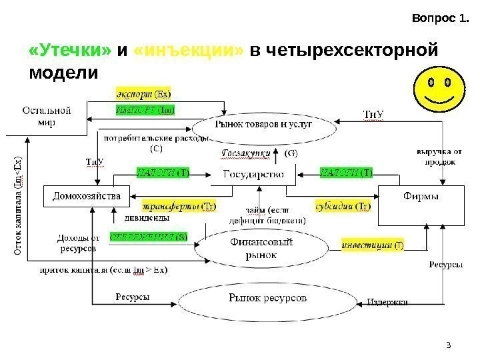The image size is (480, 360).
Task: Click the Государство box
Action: pyautogui.click(x=247, y=175)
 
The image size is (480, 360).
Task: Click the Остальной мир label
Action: pyautogui.click(x=47, y=118)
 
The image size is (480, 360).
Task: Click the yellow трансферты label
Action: pyautogui.click(x=169, y=205)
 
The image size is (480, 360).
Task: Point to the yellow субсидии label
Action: pyautogui.click(x=339, y=205)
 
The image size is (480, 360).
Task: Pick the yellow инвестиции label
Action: pyautogui.click(x=367, y=245)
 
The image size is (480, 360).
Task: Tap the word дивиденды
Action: pyautogui.click(x=147, y=217)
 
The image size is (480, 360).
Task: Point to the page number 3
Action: pyautogui.click(x=449, y=345)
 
